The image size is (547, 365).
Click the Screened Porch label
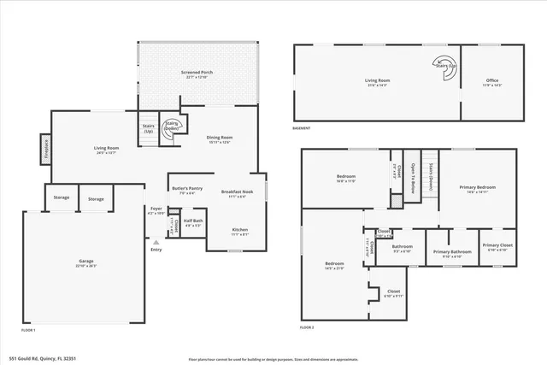pos(197,74)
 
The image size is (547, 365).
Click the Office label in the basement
pos(492,82)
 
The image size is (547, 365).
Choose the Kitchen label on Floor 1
pos(240,229)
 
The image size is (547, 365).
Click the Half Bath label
pos(193,221)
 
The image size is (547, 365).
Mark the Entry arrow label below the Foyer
pos(156,249)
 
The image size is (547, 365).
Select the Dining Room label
pos(220,138)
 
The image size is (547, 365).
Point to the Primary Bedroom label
pos(477,187)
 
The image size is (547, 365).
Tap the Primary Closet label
pos(497,246)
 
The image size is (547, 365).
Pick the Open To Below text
pos(412,178)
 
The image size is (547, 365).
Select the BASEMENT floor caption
pos(303,129)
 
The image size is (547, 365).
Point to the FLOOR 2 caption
pos(307,327)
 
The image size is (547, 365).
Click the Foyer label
pos(156,209)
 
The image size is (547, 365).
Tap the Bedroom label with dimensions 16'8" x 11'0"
pos(344,178)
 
